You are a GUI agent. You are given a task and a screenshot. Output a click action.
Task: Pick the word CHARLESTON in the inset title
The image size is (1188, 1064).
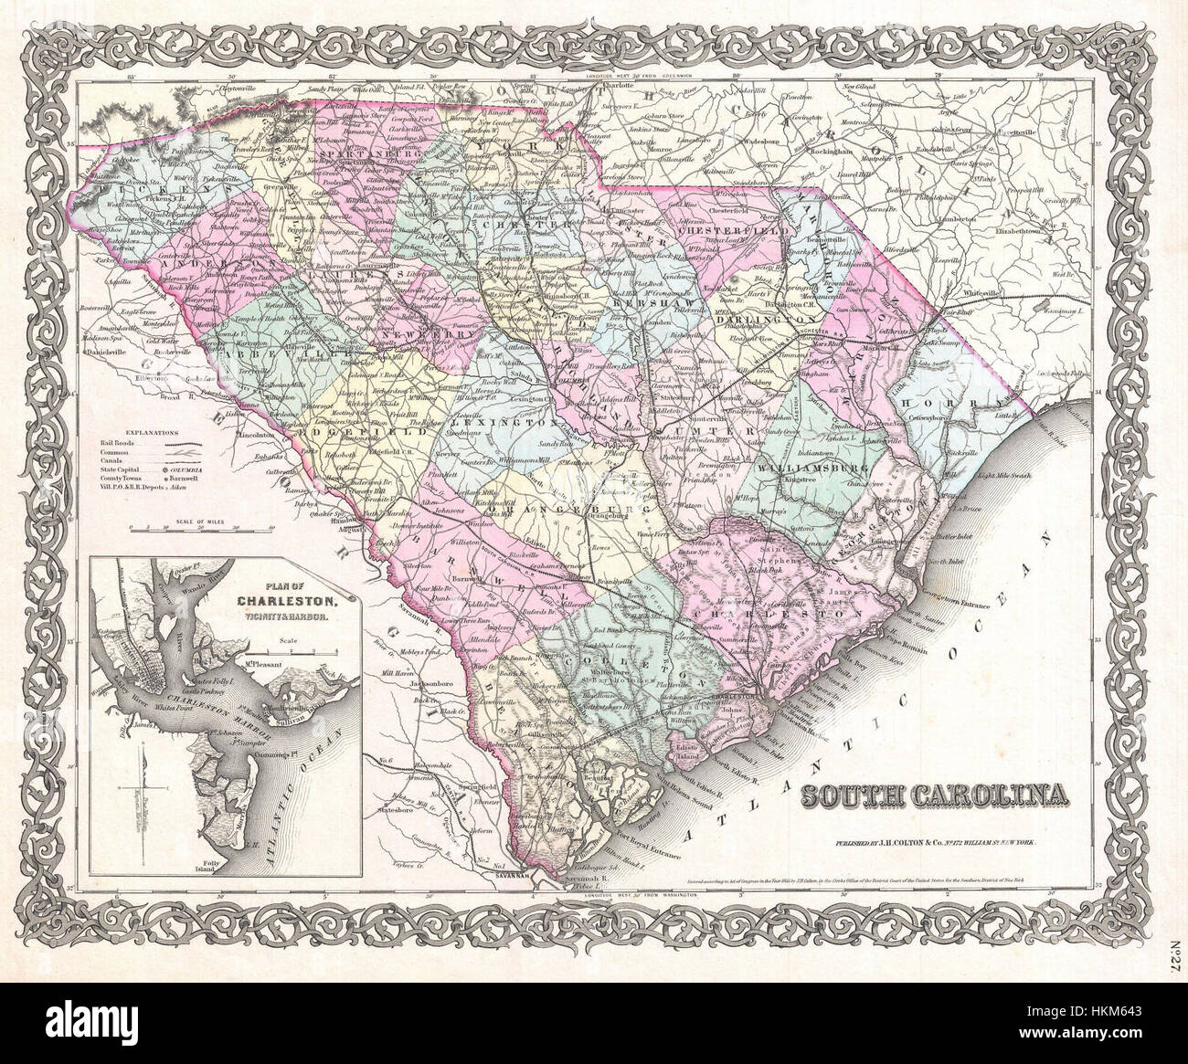pyautogui.click(x=275, y=602)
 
